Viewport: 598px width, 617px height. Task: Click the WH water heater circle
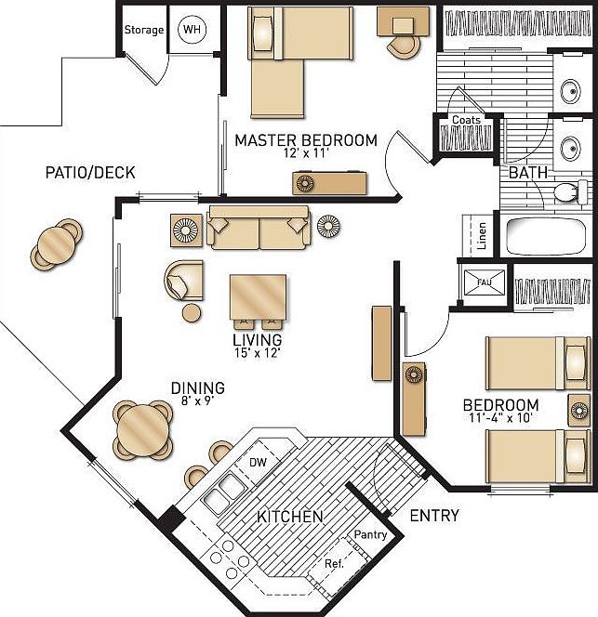[x=193, y=31]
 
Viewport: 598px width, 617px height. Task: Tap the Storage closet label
[x=144, y=30]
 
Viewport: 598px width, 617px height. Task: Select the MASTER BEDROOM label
[x=306, y=141]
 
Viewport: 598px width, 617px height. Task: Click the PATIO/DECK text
[x=90, y=173]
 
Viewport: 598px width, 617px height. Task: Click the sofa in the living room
[x=259, y=228]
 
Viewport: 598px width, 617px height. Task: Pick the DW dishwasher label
[x=258, y=462]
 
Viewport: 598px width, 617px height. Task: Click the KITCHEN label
[x=290, y=517]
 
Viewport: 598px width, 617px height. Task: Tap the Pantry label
[x=370, y=536]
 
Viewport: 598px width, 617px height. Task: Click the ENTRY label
[x=433, y=516]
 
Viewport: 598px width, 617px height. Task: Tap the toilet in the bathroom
[x=566, y=192]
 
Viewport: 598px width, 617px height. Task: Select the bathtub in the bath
[x=547, y=236]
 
